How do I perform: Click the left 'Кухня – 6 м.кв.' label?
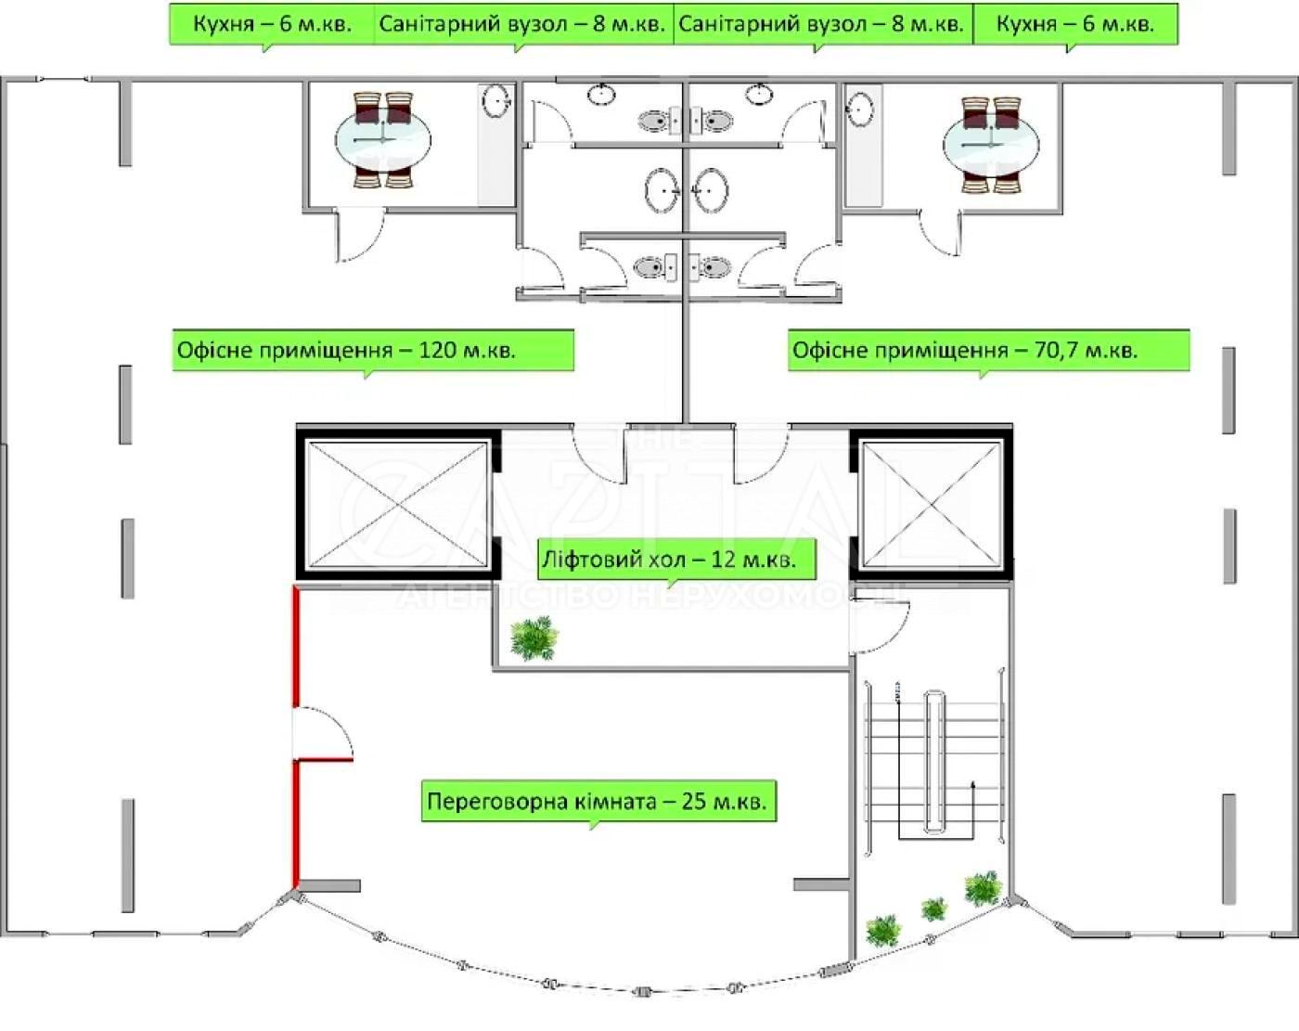tap(272, 24)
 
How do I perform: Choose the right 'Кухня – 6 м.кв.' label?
tap(1075, 24)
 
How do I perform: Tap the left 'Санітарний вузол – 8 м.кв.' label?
tap(522, 24)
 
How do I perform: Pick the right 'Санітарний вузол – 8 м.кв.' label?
tap(822, 24)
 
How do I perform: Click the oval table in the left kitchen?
tap(383, 140)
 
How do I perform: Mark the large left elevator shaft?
tap(397, 504)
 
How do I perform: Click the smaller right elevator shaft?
tap(931, 504)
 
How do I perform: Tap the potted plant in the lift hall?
tap(534, 638)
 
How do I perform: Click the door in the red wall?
tap(322, 732)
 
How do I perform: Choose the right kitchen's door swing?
tap(939, 232)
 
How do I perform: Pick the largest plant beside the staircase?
tap(984, 889)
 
